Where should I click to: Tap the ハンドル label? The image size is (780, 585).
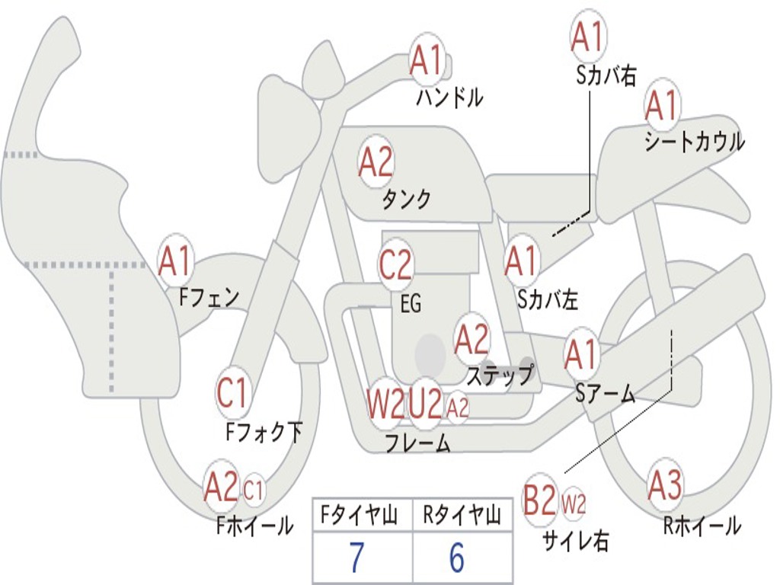[x=449, y=97]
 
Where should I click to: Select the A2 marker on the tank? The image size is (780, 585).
[x=376, y=162]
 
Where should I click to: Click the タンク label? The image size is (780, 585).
[x=407, y=199]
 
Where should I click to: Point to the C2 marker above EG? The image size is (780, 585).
[x=395, y=264]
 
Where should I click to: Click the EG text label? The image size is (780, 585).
[x=411, y=303]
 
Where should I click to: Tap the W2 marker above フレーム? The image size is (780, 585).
[x=385, y=404]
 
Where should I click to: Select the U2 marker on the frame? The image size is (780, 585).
[x=425, y=404]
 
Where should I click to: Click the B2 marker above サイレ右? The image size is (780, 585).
[x=539, y=500]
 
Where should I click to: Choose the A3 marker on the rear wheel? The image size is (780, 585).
[x=665, y=485]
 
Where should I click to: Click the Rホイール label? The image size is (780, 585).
[x=702, y=526]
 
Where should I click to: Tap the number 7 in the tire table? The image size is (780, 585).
[x=356, y=558]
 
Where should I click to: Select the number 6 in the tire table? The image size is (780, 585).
[x=457, y=558]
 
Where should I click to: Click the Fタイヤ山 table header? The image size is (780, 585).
[x=359, y=515]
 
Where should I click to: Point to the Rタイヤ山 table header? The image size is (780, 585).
[x=462, y=515]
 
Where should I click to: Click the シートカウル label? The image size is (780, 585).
[x=695, y=141]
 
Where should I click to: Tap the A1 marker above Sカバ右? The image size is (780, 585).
[x=588, y=37]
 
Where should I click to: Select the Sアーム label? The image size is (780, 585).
[x=606, y=394]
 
